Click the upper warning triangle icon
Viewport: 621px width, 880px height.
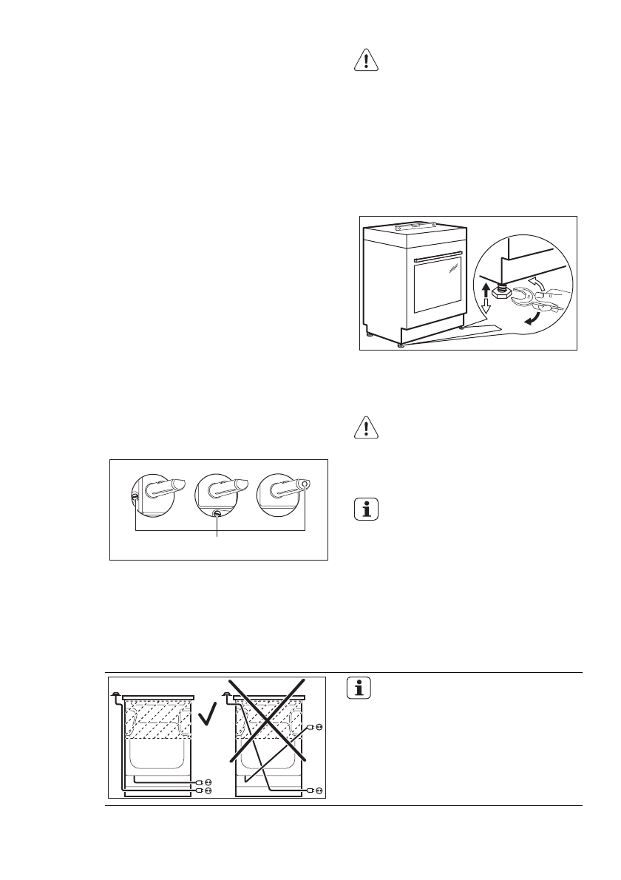366,61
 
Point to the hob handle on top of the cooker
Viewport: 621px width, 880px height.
411,226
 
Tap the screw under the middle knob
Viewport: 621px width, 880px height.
217,514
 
